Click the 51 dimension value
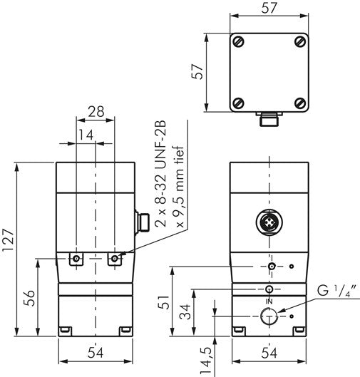tap(164, 303)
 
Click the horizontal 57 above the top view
tap(269, 9)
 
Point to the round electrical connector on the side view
tap(269, 223)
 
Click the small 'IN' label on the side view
tap(269, 301)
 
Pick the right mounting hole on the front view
tap(115, 258)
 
